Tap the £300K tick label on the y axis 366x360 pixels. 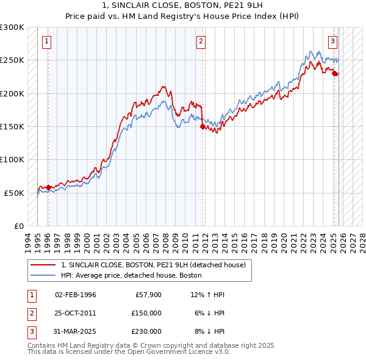tap(12, 27)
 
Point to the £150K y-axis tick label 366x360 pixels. tap(12, 126)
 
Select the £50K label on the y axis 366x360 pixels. tap(15, 193)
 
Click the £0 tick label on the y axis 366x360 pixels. tap(19, 226)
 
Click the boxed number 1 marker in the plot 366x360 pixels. tap(48, 41)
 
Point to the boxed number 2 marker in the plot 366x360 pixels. tap(201, 41)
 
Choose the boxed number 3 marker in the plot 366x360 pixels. tap(332, 41)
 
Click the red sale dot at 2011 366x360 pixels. tap(203, 127)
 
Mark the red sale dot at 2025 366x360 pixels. tap(335, 74)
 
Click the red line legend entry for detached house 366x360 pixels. tap(152, 265)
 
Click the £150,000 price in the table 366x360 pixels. tap(146, 313)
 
